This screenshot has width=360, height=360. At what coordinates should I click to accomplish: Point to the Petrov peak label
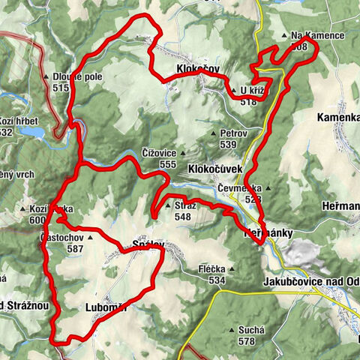[x=234, y=132]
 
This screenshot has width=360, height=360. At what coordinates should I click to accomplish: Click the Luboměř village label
[x=107, y=307]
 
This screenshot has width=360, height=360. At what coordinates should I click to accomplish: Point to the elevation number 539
[x=229, y=144]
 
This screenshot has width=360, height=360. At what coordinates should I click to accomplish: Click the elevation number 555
[x=167, y=163]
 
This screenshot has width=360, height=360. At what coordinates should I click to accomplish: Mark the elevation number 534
[x=217, y=280]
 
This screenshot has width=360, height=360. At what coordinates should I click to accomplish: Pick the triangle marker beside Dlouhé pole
[x=46, y=77]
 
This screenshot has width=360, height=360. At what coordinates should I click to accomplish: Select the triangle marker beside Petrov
[x=213, y=133]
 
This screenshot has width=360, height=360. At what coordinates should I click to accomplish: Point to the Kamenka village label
[x=337, y=118]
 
